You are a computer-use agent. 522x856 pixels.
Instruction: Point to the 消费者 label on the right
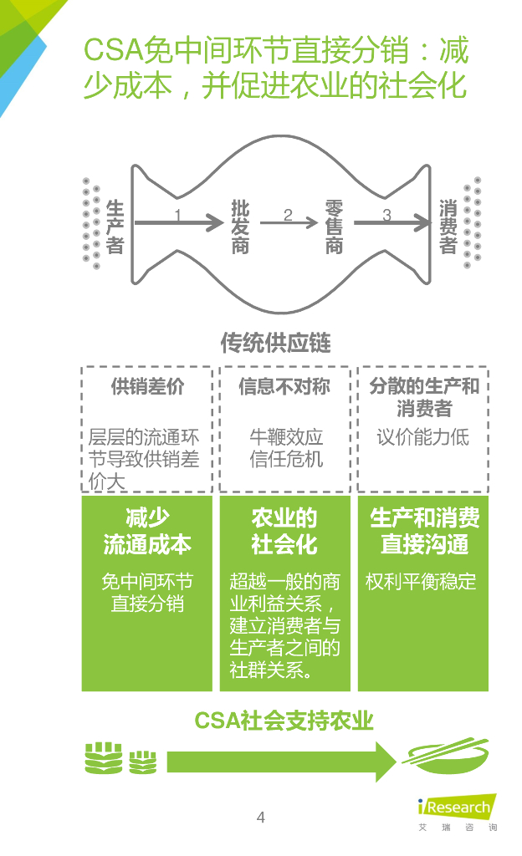click(448, 222)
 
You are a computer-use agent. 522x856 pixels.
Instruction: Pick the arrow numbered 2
click(289, 223)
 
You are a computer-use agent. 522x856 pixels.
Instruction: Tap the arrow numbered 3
click(388, 223)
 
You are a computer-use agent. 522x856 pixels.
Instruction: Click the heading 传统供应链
click(275, 343)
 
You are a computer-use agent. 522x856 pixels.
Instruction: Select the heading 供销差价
click(147, 386)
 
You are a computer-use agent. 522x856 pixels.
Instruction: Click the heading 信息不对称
click(284, 386)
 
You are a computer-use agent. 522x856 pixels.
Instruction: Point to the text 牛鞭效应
click(285, 436)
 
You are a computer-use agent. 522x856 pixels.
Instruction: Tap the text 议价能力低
click(422, 436)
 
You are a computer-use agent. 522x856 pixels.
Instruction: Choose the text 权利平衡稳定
click(421, 582)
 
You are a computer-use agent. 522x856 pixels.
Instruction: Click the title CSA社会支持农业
click(284, 720)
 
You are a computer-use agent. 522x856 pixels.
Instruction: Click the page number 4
click(260, 818)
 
